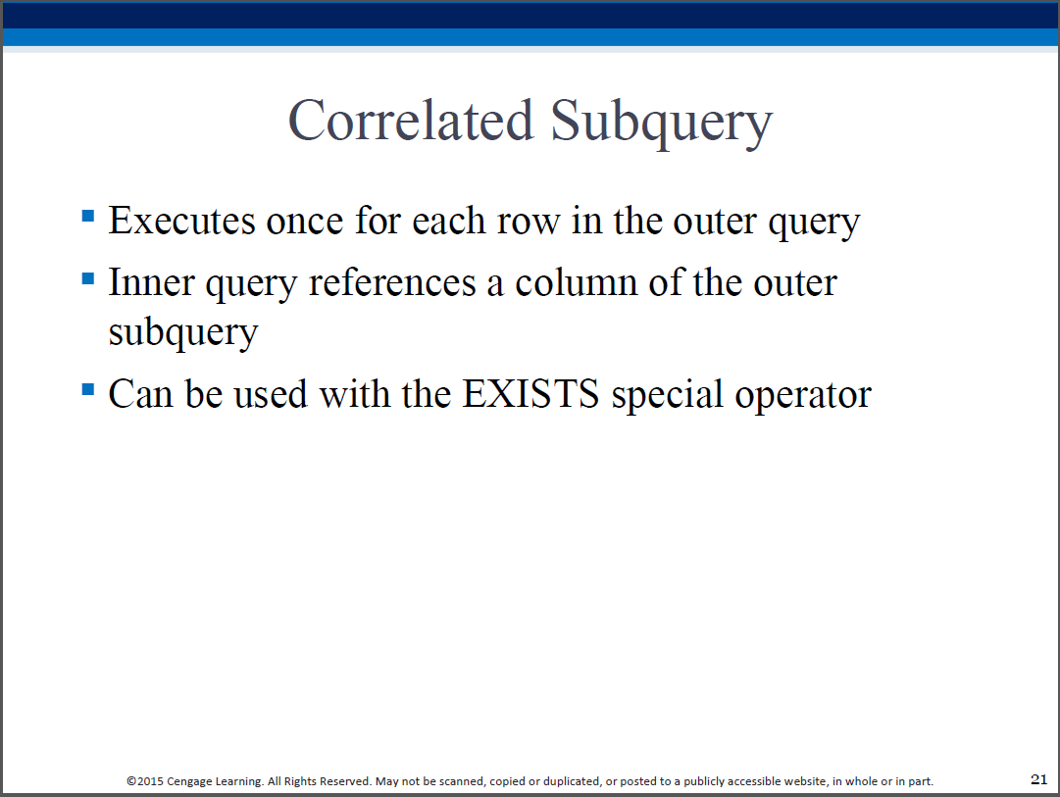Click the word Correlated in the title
click(411, 121)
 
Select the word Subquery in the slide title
click(662, 123)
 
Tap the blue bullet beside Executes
click(88, 216)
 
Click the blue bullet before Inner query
click(88, 278)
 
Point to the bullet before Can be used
click(88, 389)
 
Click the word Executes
click(181, 221)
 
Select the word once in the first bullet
click(305, 223)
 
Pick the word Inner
click(151, 282)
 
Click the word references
click(392, 282)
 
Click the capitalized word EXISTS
click(530, 394)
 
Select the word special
click(667, 395)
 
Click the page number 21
click(1038, 779)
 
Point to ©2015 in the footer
click(145, 781)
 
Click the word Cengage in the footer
click(189, 782)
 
